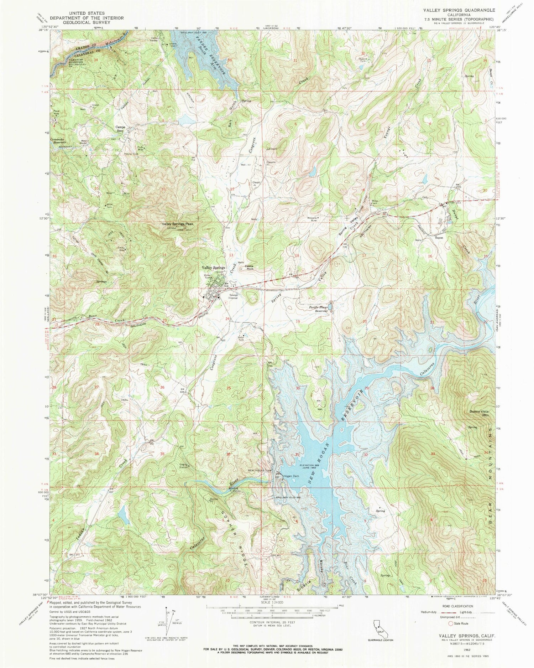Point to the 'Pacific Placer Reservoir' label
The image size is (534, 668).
318,309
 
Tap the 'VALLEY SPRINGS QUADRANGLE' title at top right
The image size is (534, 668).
462,11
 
